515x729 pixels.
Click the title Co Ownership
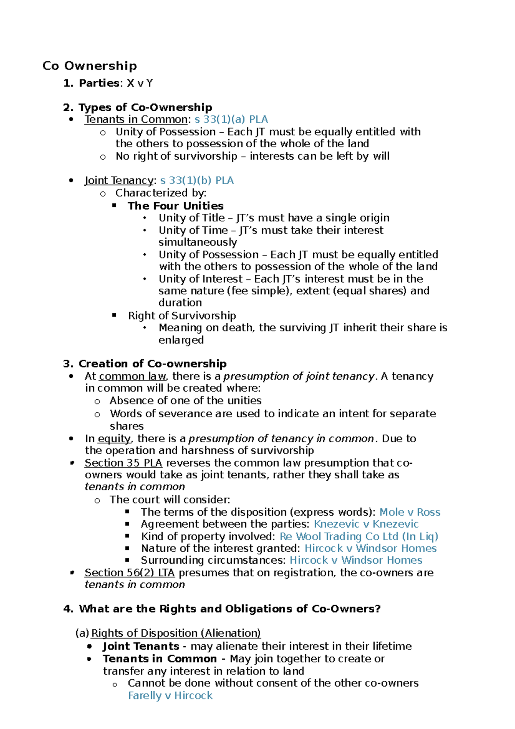click(x=90, y=66)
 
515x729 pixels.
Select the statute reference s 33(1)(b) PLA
click(x=197, y=181)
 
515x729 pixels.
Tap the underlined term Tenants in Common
click(x=136, y=119)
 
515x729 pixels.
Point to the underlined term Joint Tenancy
click(x=118, y=181)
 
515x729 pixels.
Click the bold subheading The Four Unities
click(x=176, y=206)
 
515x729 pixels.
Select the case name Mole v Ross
click(x=410, y=512)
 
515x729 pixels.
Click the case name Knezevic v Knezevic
click(x=366, y=524)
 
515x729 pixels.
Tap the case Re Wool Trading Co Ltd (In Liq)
click(x=359, y=537)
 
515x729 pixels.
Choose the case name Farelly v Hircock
click(x=170, y=696)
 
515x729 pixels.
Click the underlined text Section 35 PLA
click(x=123, y=463)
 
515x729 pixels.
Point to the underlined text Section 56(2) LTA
click(x=130, y=573)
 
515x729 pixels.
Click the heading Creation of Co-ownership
click(x=152, y=364)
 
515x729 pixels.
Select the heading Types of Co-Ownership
click(x=145, y=107)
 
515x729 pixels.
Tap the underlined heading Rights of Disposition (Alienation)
click(x=176, y=633)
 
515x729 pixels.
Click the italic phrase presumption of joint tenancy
click(x=299, y=377)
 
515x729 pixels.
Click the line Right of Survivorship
click(x=182, y=316)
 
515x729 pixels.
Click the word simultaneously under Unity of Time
click(x=198, y=243)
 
